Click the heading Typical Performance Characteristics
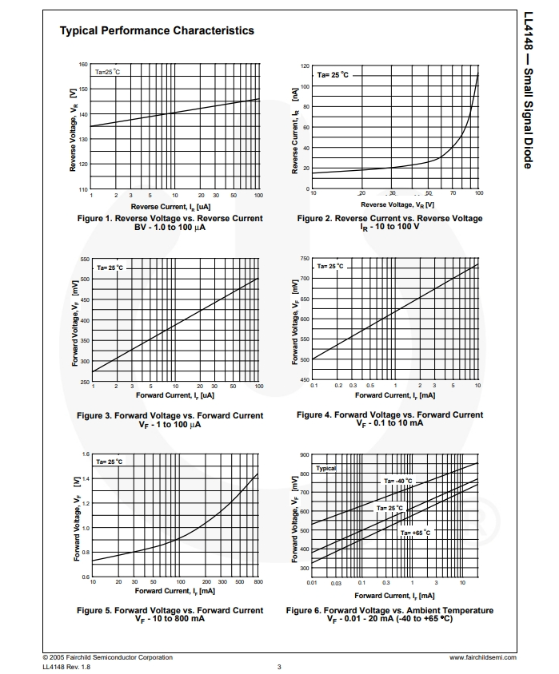tap(157, 30)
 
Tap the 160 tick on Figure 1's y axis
tap(83, 65)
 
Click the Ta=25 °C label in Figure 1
tap(107, 72)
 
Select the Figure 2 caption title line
tap(389, 218)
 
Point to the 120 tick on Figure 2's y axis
tap(305, 66)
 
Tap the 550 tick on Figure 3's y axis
tap(84, 260)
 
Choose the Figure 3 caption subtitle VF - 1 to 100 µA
tap(170, 425)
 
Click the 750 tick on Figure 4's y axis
tap(305, 259)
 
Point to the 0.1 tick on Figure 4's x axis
tap(313, 385)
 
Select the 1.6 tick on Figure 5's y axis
tap(86, 454)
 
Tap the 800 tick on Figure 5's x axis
tap(258, 582)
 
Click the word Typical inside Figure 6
tap(325, 468)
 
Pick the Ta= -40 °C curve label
tap(397, 481)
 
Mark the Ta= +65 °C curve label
tap(416, 532)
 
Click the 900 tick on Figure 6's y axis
tap(305, 455)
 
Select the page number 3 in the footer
tap(279, 667)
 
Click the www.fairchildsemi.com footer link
tap(483, 657)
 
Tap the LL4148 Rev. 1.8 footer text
tap(66, 667)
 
